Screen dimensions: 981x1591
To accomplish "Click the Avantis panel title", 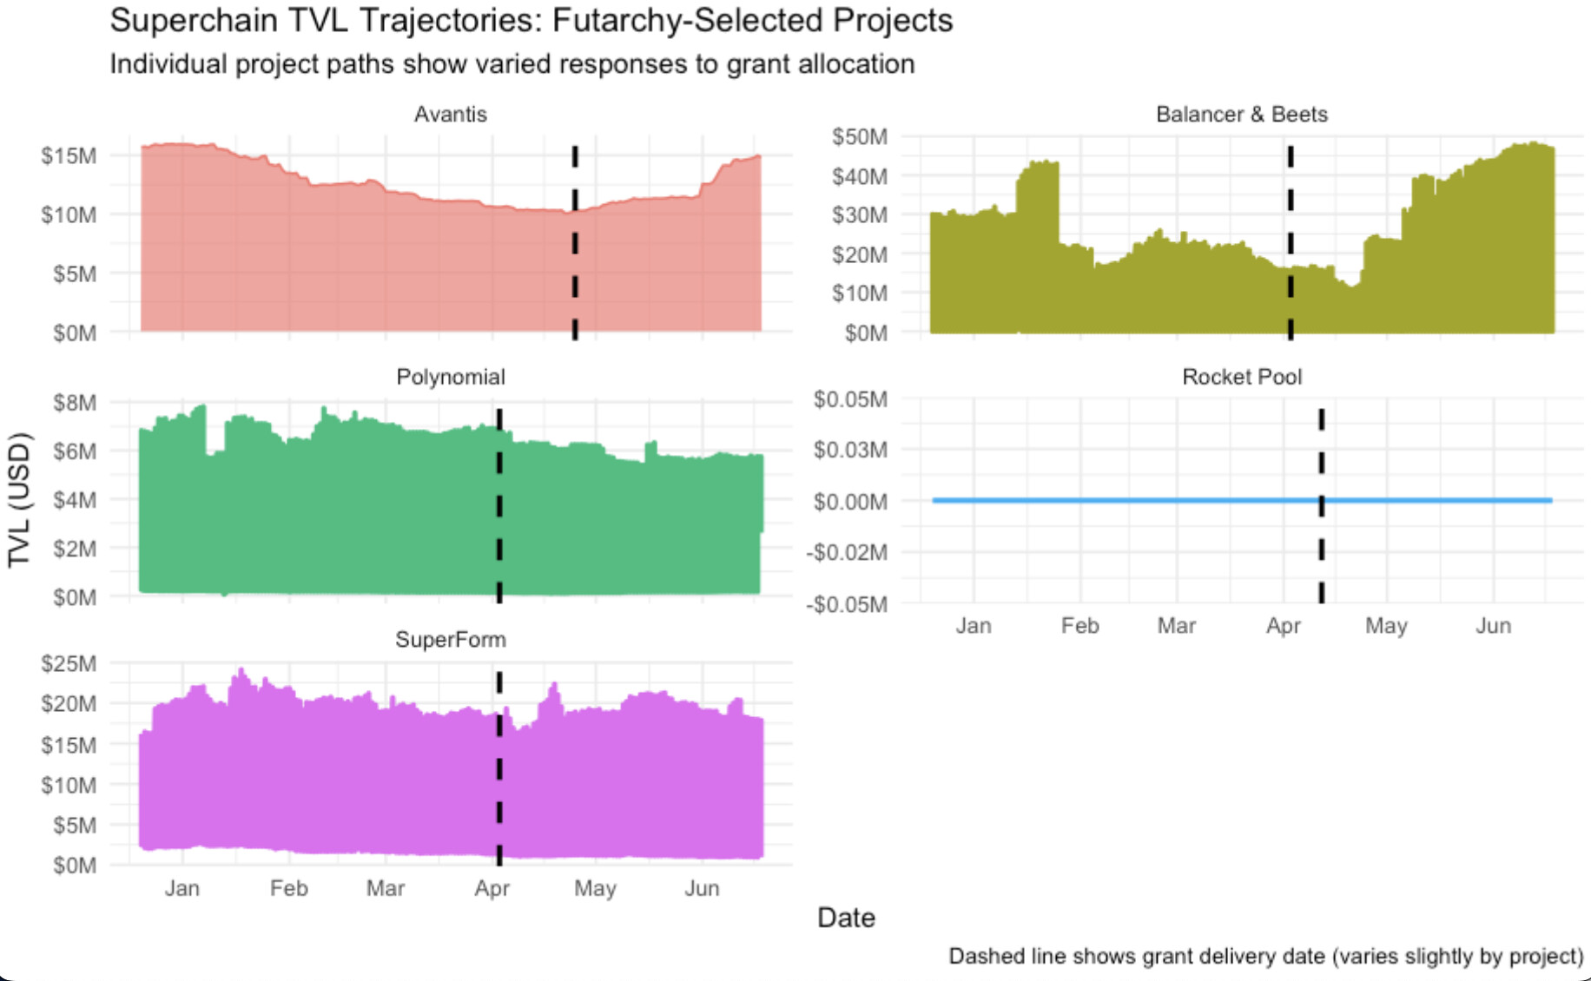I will click(x=450, y=115).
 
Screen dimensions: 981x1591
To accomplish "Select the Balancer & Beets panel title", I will click(x=1241, y=115).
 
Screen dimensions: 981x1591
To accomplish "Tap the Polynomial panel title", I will click(x=450, y=377).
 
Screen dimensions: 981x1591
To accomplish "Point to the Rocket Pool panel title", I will click(x=1241, y=377).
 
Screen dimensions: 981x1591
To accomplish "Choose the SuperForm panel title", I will click(x=450, y=640).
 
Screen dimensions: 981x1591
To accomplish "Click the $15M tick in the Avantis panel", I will click(x=69, y=156).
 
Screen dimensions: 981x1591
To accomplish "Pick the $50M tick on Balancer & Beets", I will click(x=859, y=137).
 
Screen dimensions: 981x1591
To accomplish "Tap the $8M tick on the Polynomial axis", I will click(x=75, y=403).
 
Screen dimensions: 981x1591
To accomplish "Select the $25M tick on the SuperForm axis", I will click(x=69, y=664).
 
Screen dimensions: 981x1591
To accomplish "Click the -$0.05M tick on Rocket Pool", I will click(x=847, y=604).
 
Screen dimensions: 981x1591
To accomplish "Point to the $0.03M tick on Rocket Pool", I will click(x=850, y=450).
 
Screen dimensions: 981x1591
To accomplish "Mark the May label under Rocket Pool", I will click(x=1386, y=626).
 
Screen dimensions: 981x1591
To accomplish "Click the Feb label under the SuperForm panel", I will click(x=288, y=888).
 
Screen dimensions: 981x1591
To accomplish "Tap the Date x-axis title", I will click(x=846, y=918).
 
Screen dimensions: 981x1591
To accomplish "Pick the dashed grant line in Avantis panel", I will click(x=575, y=243).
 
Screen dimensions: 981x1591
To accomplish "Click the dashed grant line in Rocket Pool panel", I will click(x=1321, y=521).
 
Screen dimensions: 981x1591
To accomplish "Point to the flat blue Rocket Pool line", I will click(x=1129, y=500).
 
